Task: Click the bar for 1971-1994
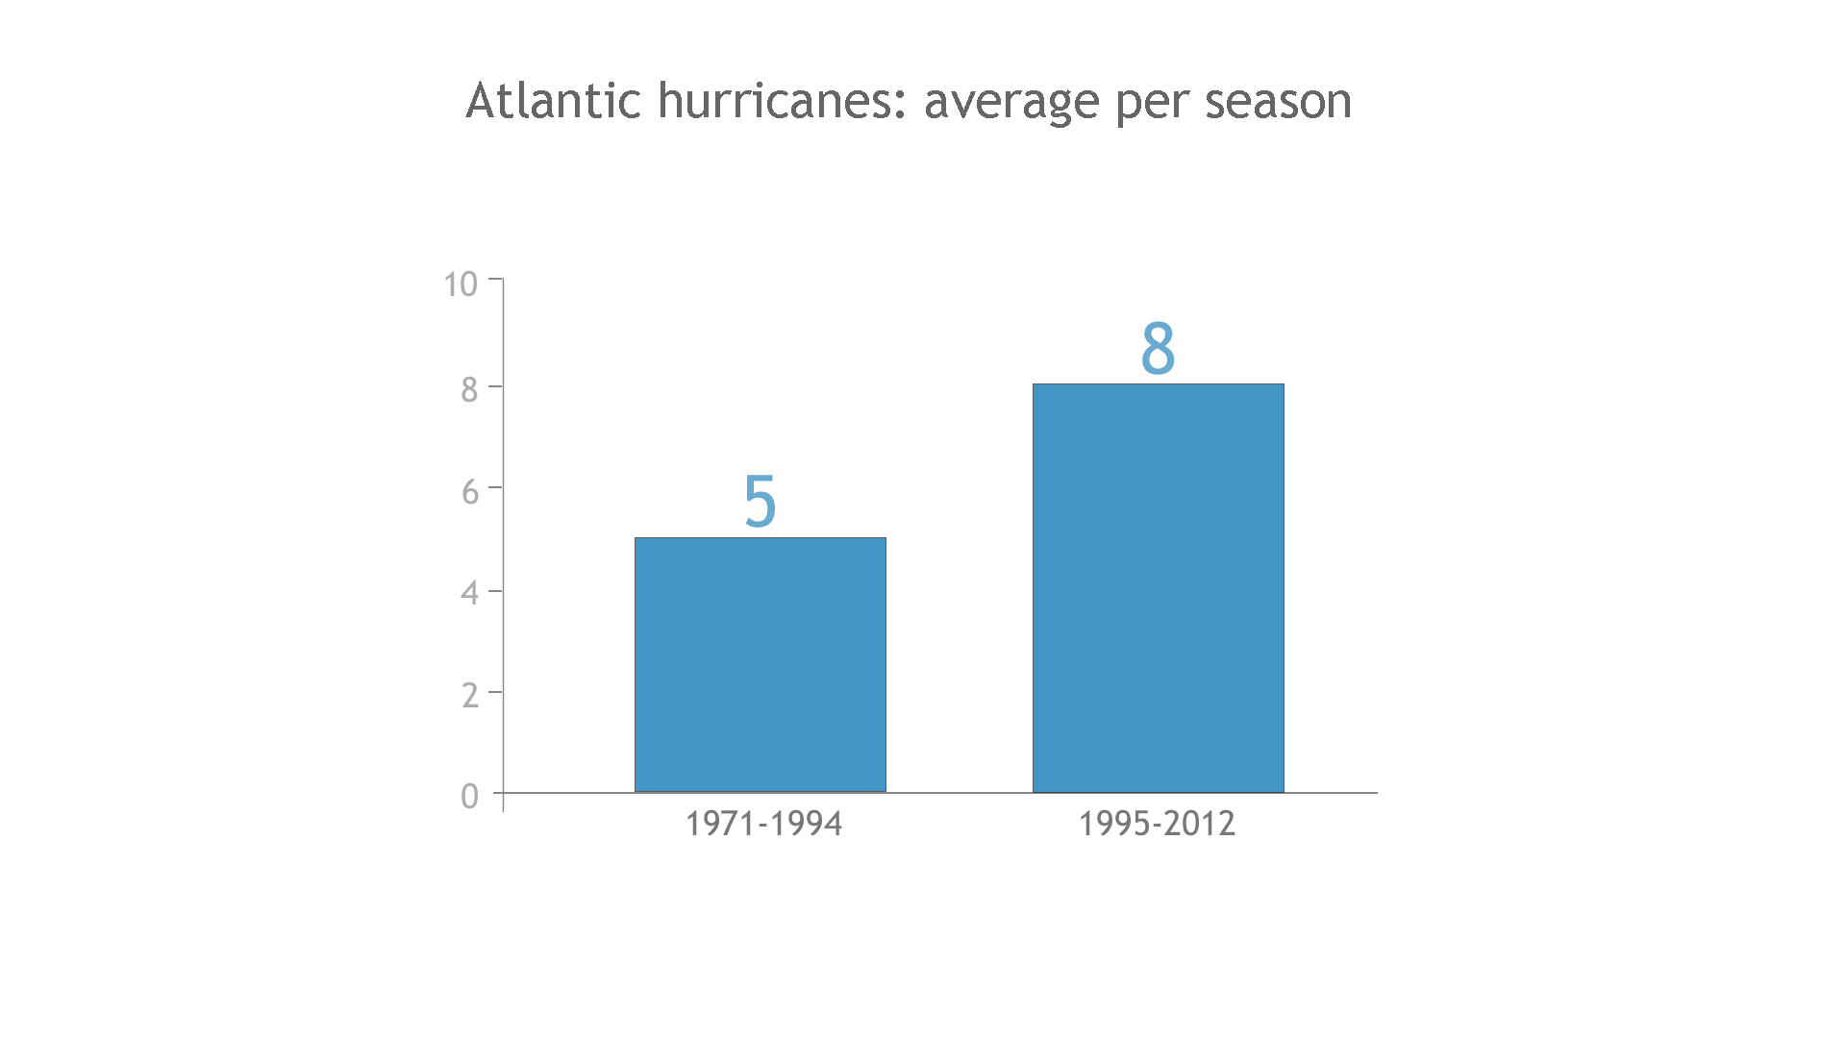[760, 665]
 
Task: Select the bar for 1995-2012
[1158, 588]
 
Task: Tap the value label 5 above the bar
[760, 502]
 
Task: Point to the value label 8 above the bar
[1158, 348]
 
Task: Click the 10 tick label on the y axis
[461, 284]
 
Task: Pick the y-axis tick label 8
[469, 389]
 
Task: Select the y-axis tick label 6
[469, 492]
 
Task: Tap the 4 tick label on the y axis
[469, 593]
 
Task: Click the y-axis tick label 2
[469, 695]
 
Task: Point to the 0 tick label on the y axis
[469, 797]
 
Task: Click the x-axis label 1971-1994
[763, 824]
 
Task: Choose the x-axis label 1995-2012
[1157, 824]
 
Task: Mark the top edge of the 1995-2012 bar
[1158, 384]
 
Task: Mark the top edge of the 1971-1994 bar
[760, 538]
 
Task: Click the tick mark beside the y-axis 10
[495, 279]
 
